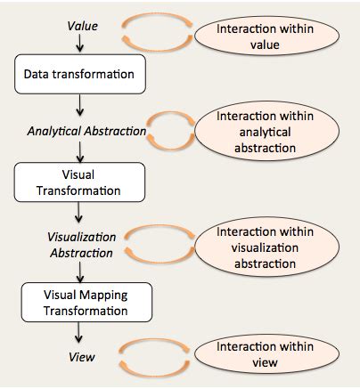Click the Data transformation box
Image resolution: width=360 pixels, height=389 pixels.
click(x=79, y=75)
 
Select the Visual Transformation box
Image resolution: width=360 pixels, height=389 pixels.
click(x=79, y=182)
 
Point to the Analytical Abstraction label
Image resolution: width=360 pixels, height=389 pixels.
click(x=86, y=131)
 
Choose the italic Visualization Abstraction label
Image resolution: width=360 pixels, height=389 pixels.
click(x=79, y=244)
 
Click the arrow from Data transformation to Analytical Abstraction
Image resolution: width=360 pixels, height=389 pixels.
click(x=80, y=107)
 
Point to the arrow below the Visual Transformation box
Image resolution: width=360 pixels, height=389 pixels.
click(x=80, y=215)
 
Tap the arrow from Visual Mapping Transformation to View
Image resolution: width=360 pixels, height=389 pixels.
click(x=80, y=334)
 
